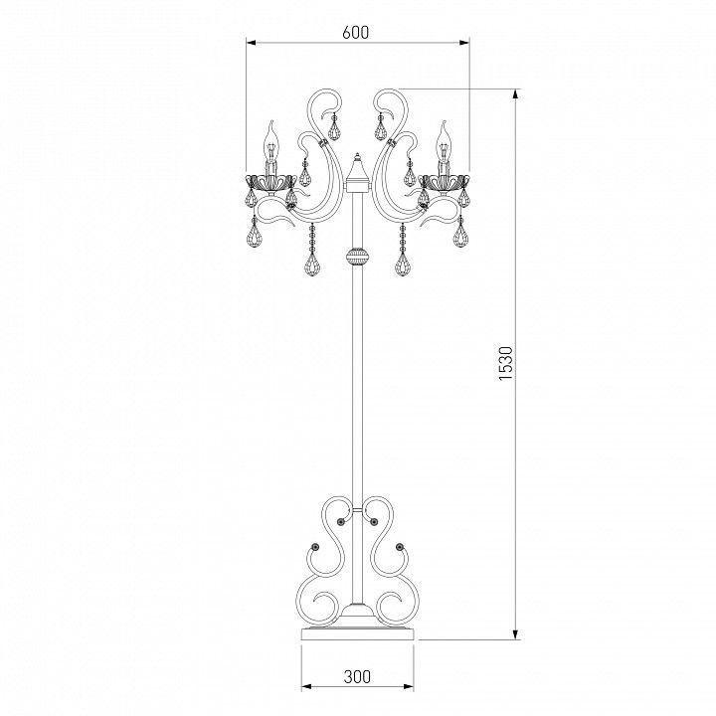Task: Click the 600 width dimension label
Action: pyautogui.click(x=355, y=33)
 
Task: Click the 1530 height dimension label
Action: pyautogui.click(x=506, y=364)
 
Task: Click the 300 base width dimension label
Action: pyautogui.click(x=357, y=676)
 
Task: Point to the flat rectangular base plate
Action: pyautogui.click(x=358, y=633)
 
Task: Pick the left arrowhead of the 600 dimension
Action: pyautogui.click(x=251, y=43)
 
